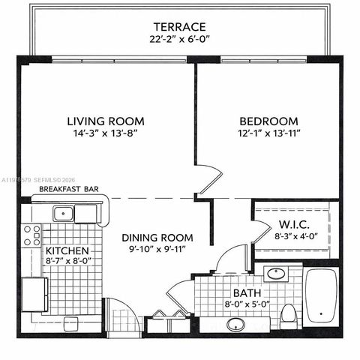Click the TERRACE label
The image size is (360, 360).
pyautogui.click(x=179, y=25)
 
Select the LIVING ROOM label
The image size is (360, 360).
pyautogui.click(x=105, y=121)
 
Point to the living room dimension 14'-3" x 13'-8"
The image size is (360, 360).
pyautogui.click(x=105, y=133)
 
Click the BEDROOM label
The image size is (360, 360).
pyautogui.click(x=268, y=121)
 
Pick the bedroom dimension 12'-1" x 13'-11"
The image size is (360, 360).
pyautogui.click(x=268, y=133)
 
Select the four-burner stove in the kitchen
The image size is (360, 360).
pyautogui.click(x=32, y=235)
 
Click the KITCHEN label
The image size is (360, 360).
pyautogui.click(x=67, y=250)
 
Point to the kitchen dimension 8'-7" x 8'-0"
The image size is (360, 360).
pyautogui.click(x=67, y=262)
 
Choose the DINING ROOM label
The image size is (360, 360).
pyautogui.click(x=155, y=237)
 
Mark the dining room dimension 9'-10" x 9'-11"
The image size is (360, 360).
pyautogui.click(x=155, y=248)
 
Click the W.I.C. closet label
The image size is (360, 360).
pyautogui.click(x=294, y=223)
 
